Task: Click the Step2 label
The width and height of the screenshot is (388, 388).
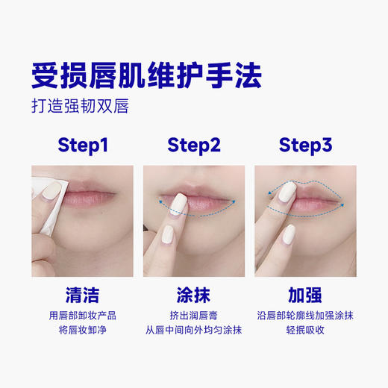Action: (194, 145)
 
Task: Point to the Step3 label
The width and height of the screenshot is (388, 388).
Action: (305, 145)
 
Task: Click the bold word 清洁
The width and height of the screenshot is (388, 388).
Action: (82, 292)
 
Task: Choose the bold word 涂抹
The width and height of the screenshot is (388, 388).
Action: (194, 292)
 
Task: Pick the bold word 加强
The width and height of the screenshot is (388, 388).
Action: (305, 292)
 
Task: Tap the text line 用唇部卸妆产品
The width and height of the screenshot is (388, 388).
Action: (82, 315)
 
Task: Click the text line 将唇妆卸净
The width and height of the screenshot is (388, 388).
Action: (82, 330)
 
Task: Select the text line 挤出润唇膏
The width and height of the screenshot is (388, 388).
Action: (194, 315)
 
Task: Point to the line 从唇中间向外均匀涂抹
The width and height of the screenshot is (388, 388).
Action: (194, 330)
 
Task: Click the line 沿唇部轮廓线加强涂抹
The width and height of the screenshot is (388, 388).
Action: (305, 315)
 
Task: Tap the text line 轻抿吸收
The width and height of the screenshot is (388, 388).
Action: (305, 330)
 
